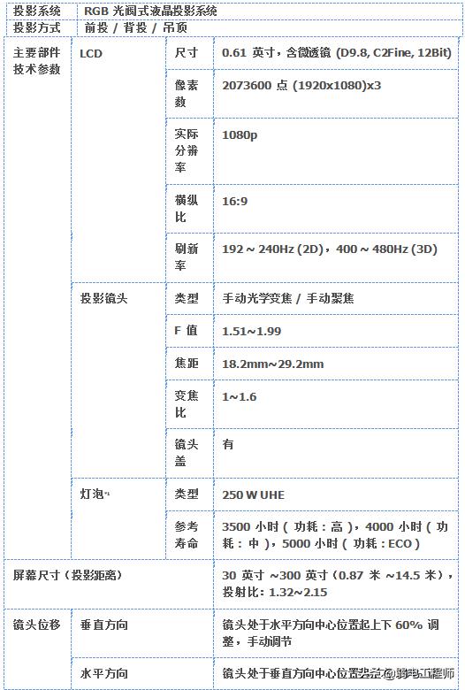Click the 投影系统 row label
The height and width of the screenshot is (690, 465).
36,11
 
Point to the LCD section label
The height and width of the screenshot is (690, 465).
90,54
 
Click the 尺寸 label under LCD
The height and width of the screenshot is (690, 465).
186,53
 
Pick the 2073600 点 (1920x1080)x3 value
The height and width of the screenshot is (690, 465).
301,85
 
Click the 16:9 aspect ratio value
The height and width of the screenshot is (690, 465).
234,201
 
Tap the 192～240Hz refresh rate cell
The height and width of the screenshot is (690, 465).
330,249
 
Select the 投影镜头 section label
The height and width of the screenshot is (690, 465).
103,298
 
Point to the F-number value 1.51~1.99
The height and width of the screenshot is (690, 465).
251,331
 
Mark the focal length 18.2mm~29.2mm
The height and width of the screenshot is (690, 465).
272,364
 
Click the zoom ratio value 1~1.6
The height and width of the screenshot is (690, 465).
239,396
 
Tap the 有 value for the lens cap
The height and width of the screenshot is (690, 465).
228,444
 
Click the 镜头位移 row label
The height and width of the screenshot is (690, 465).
36,625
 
